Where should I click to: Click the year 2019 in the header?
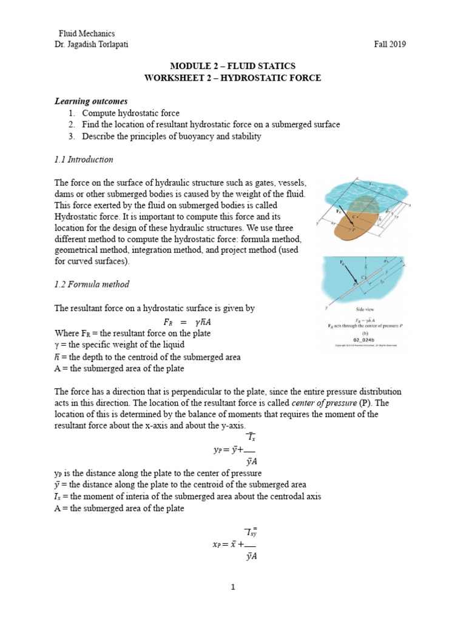[x=398, y=44]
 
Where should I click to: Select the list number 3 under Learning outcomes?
[x=71, y=136]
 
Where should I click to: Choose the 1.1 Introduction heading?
[x=83, y=159]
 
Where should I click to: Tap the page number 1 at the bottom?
[x=233, y=588]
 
